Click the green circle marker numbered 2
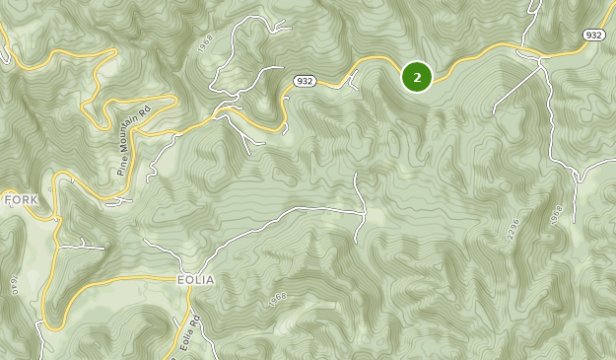click(417, 76)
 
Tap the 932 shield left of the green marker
click(304, 81)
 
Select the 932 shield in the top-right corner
click(593, 35)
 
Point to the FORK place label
click(21, 199)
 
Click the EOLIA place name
click(195, 280)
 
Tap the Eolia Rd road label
click(190, 330)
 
